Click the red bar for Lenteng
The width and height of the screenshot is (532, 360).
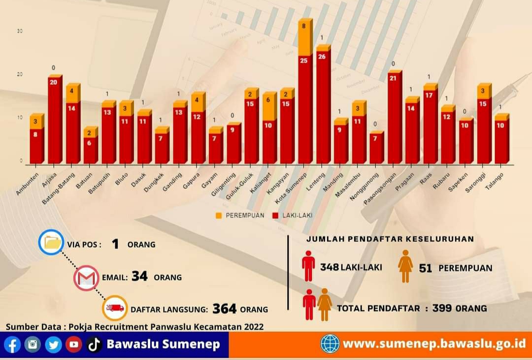[x=323, y=106]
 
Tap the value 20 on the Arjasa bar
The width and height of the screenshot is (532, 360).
[x=54, y=82]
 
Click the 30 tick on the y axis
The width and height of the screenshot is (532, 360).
[x=20, y=31]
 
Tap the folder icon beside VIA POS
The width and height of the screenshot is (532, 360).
[x=52, y=243]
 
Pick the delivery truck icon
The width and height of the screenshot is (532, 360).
[x=115, y=308]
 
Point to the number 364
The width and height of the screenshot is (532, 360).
[x=225, y=309]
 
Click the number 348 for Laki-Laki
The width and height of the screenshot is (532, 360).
[x=329, y=267]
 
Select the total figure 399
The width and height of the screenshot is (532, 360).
[x=442, y=308]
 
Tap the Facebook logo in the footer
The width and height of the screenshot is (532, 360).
[x=12, y=344]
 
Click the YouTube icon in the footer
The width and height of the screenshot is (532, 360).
[x=74, y=344]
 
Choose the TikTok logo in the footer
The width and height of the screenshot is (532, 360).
[x=94, y=344]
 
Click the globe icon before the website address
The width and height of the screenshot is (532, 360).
[x=330, y=344]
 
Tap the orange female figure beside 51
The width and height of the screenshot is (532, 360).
[x=405, y=266]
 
